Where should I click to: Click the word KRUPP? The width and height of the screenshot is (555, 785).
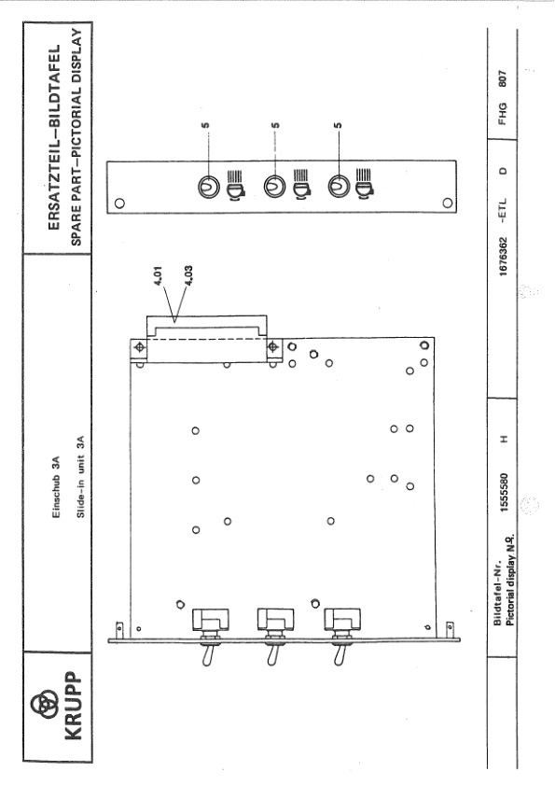(73, 706)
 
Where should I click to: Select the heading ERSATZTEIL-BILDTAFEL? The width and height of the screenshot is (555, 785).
(54, 136)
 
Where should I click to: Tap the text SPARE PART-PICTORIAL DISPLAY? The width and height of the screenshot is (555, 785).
(76, 136)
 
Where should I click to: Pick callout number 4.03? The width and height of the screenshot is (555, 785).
(188, 276)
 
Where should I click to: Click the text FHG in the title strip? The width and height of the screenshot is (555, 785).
(503, 114)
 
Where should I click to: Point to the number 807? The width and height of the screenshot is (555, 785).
(503, 78)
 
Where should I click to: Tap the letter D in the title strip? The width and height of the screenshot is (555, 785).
(503, 170)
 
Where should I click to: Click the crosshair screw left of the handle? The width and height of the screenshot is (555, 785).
(140, 347)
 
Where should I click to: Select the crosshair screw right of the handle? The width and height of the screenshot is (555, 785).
(273, 346)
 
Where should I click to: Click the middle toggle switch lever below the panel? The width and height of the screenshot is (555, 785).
(272, 655)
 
